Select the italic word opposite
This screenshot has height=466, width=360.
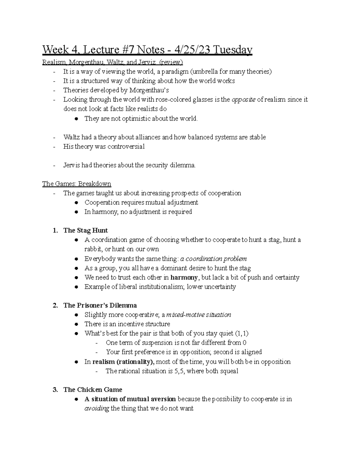(244, 100)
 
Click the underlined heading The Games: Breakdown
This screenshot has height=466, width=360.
(76, 184)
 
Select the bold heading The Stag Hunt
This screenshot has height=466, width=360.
(85, 230)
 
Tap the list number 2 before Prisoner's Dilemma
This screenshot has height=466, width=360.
(55, 305)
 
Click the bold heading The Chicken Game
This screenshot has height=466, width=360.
(93, 390)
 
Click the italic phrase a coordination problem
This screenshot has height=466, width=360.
(213, 259)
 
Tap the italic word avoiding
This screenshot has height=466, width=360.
(97, 408)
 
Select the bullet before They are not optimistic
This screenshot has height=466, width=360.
(77, 119)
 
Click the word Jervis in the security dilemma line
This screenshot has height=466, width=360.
(72, 165)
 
